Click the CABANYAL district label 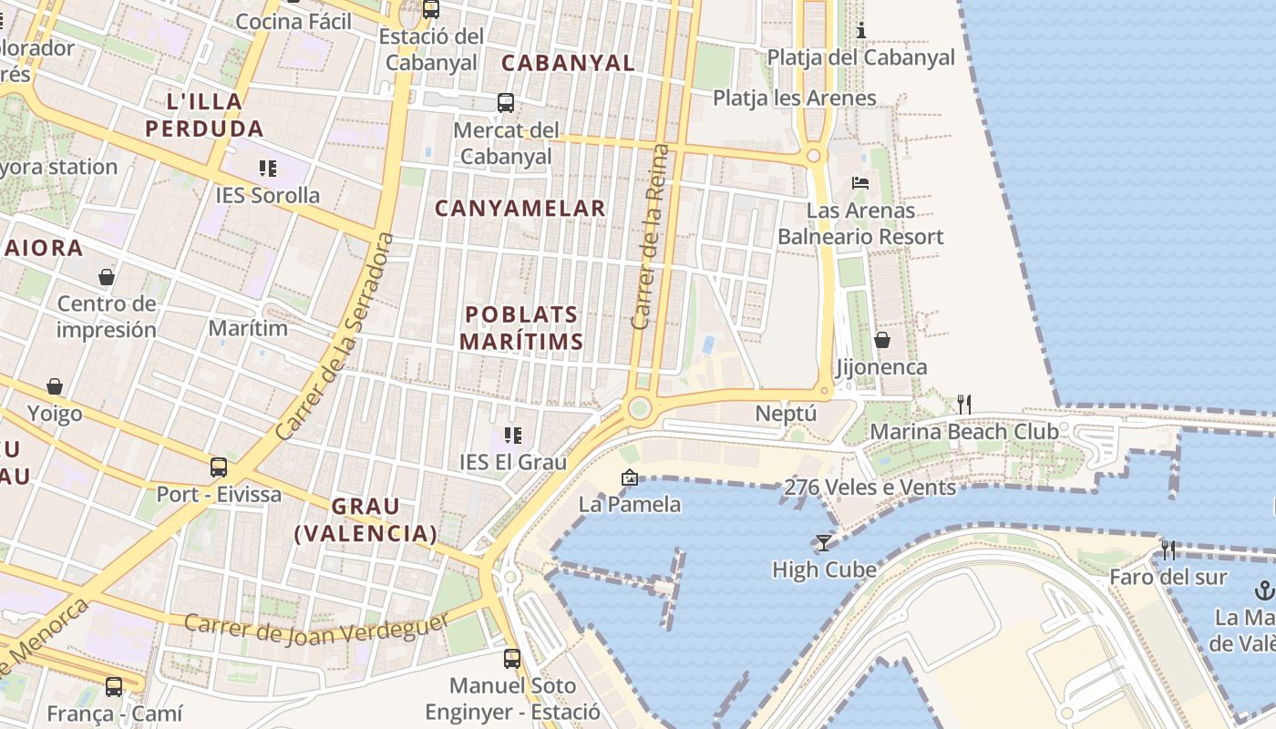568,63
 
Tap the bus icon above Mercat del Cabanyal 506,103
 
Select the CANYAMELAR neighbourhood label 520,209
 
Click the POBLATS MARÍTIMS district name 521,328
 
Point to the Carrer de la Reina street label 650,237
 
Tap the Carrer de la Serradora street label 337,337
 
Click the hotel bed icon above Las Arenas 859,183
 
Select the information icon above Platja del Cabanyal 860,31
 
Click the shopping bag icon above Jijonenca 881,340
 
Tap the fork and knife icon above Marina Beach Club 963,404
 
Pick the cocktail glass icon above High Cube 824,543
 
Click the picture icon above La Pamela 629,477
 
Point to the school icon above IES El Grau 513,436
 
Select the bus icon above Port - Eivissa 219,467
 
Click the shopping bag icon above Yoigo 55,386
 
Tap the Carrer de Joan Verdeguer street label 316,627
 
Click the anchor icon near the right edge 1264,590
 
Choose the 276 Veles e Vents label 870,488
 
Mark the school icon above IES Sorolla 267,168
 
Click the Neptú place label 786,414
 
